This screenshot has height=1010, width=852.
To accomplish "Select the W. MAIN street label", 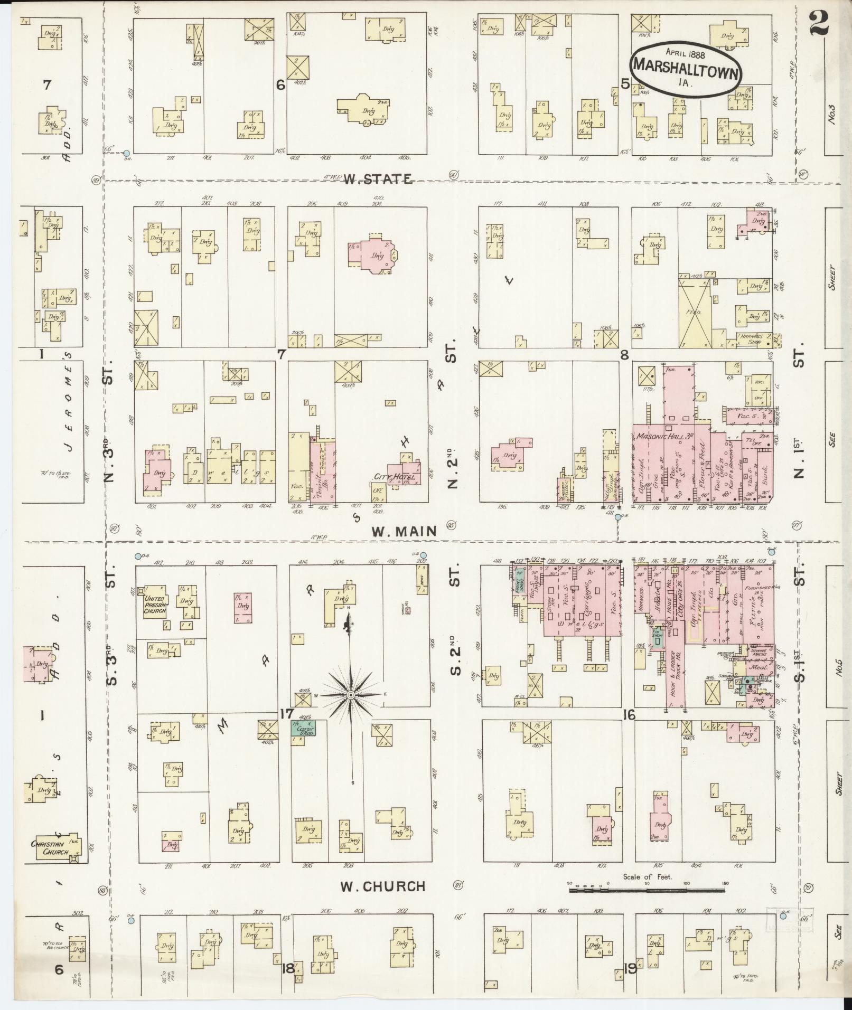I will pos(405,531).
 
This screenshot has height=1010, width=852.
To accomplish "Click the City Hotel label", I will pos(395,477).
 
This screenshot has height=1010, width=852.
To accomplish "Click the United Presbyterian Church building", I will pos(154,602).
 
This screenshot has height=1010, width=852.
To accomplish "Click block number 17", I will pos(287,714).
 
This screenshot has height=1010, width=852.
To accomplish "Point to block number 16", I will pos(628,715).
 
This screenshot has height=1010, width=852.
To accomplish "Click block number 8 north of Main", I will pos(624,355).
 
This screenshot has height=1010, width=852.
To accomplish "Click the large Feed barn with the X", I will pos(696,313).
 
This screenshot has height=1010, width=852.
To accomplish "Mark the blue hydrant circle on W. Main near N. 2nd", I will pos(618,517).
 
